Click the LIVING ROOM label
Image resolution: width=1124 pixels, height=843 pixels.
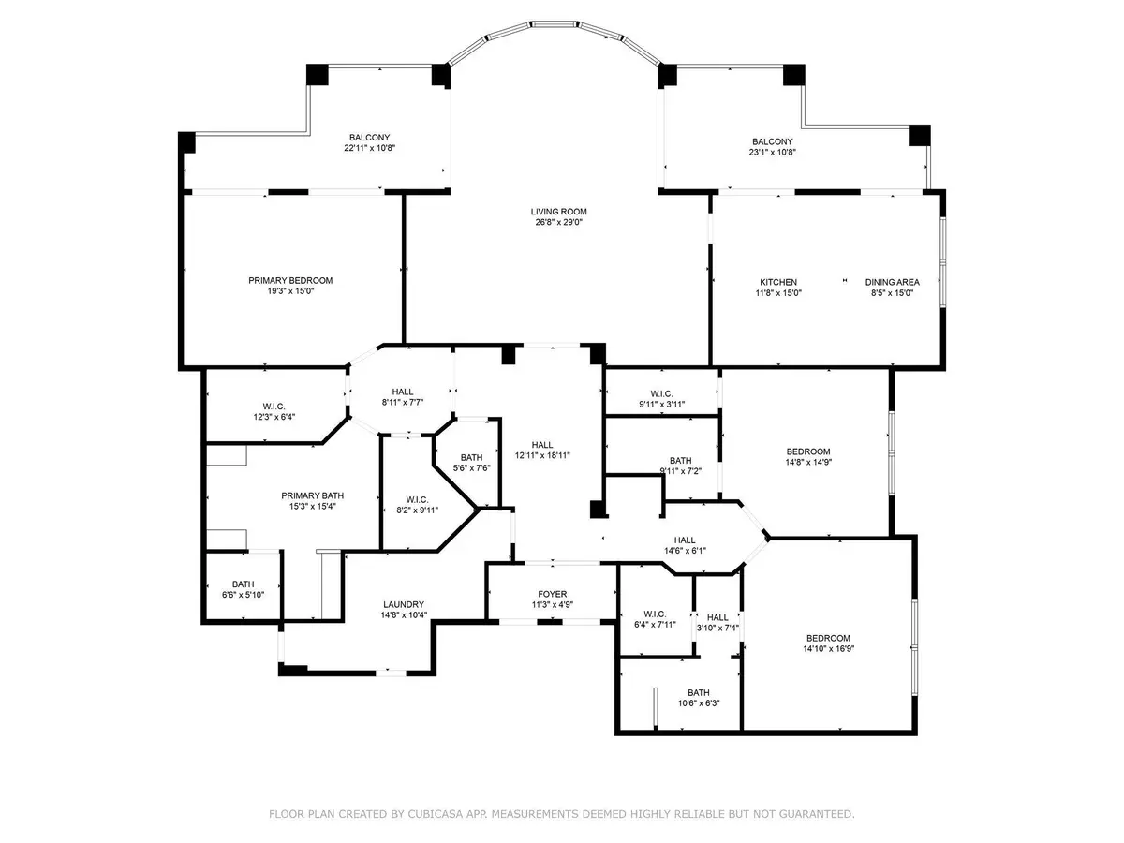[558, 212]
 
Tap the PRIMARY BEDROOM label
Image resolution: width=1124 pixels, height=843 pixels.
[290, 280]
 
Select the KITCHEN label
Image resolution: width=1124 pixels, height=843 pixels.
[777, 282]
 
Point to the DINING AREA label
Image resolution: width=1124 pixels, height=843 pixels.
[892, 282]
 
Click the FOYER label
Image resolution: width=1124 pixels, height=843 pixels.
[552, 594]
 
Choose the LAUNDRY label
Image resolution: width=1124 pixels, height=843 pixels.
[404, 604]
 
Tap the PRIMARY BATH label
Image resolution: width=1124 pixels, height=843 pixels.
[312, 495]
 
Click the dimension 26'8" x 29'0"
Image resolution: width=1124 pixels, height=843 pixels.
[558, 222]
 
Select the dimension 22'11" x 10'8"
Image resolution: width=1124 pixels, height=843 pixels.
[369, 148]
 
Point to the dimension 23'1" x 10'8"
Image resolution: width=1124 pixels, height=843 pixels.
[772, 152]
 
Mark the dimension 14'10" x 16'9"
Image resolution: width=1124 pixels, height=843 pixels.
[828, 648]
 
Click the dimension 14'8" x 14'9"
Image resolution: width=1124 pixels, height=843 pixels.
[808, 462]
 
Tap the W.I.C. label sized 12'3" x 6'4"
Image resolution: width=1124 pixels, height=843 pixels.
[274, 407]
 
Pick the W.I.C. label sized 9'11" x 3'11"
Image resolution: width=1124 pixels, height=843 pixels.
[661, 393]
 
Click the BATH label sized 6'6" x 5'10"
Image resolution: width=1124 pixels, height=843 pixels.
[243, 584]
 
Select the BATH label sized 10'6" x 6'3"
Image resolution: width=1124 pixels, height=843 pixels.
[699, 692]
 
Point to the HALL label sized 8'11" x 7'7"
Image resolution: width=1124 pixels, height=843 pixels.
[403, 392]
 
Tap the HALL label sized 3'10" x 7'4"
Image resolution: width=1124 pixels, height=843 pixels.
[717, 617]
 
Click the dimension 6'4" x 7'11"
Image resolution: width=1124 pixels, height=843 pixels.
[655, 625]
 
